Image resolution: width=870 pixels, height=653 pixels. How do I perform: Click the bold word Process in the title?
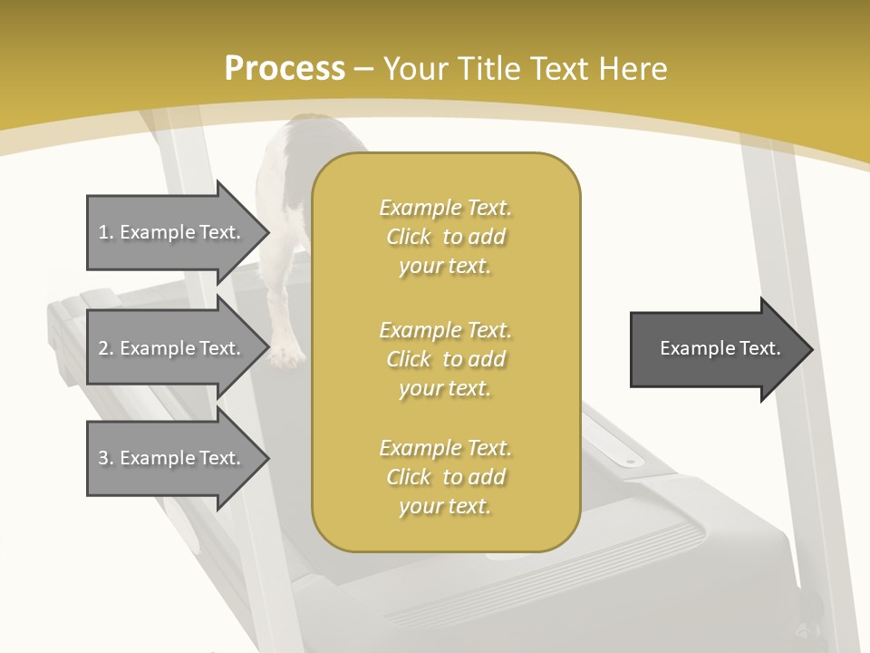285,68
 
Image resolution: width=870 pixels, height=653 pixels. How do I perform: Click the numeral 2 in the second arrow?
103,348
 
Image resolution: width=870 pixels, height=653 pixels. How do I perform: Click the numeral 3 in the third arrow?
103,458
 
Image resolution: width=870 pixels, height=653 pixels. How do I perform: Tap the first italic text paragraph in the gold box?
445,237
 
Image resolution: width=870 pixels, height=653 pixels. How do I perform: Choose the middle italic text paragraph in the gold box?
445,359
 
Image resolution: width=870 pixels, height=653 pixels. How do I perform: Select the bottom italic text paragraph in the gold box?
445,477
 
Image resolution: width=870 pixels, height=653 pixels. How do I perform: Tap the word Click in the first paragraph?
409,238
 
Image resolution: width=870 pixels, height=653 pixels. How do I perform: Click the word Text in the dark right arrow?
759,348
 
